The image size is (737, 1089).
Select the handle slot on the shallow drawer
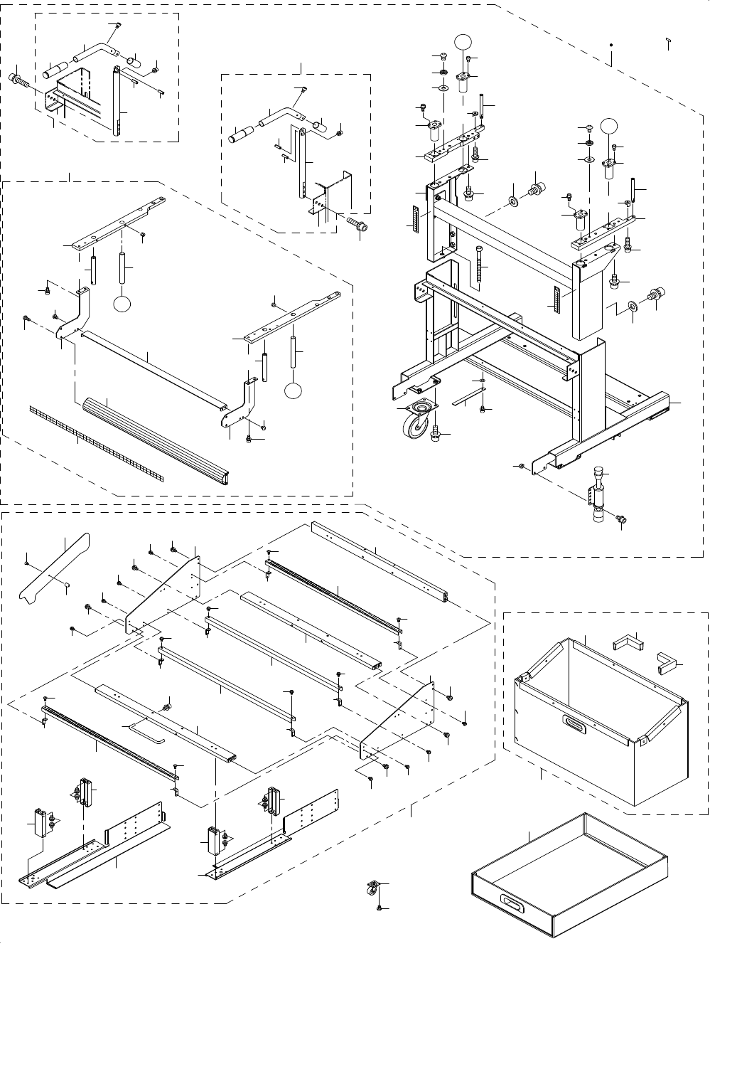pyautogui.click(x=511, y=902)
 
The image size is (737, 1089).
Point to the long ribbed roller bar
pyautogui.click(x=155, y=441)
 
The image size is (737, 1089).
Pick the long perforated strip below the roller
pyautogui.click(x=96, y=442)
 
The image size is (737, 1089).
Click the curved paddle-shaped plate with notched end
pyautogui.click(x=55, y=569)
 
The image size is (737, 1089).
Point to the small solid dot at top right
pyautogui.click(x=612, y=45)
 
